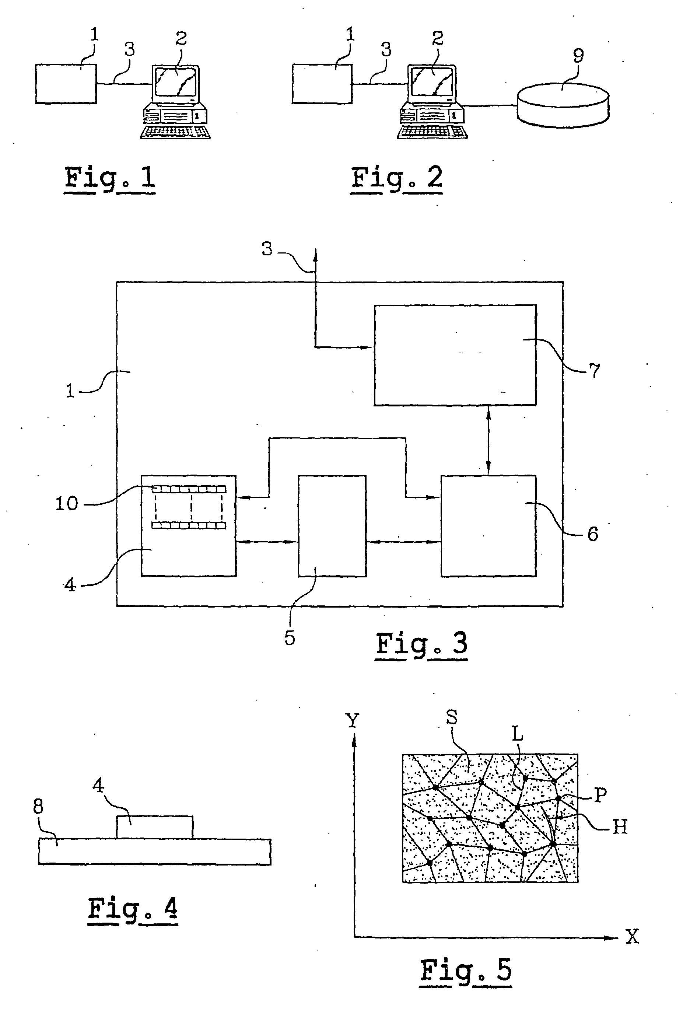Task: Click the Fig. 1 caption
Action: click(110, 179)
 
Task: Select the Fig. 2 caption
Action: click(397, 179)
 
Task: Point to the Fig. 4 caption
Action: click(133, 909)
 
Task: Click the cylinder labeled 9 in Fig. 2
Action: click(563, 105)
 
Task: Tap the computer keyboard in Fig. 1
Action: click(175, 132)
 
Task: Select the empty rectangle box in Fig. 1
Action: click(66, 84)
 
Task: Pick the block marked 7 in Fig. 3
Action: click(455, 355)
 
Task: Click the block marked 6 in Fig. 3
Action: click(488, 526)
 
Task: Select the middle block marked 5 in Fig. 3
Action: click(332, 526)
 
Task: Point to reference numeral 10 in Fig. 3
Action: click(67, 504)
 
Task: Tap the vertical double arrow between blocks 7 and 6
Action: click(488, 440)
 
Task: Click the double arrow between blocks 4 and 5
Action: click(267, 542)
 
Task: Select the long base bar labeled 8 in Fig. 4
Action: click(155, 852)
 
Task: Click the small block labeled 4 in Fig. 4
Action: click(155, 827)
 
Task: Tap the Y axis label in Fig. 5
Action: click(353, 721)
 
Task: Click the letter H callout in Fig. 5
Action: click(620, 826)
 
